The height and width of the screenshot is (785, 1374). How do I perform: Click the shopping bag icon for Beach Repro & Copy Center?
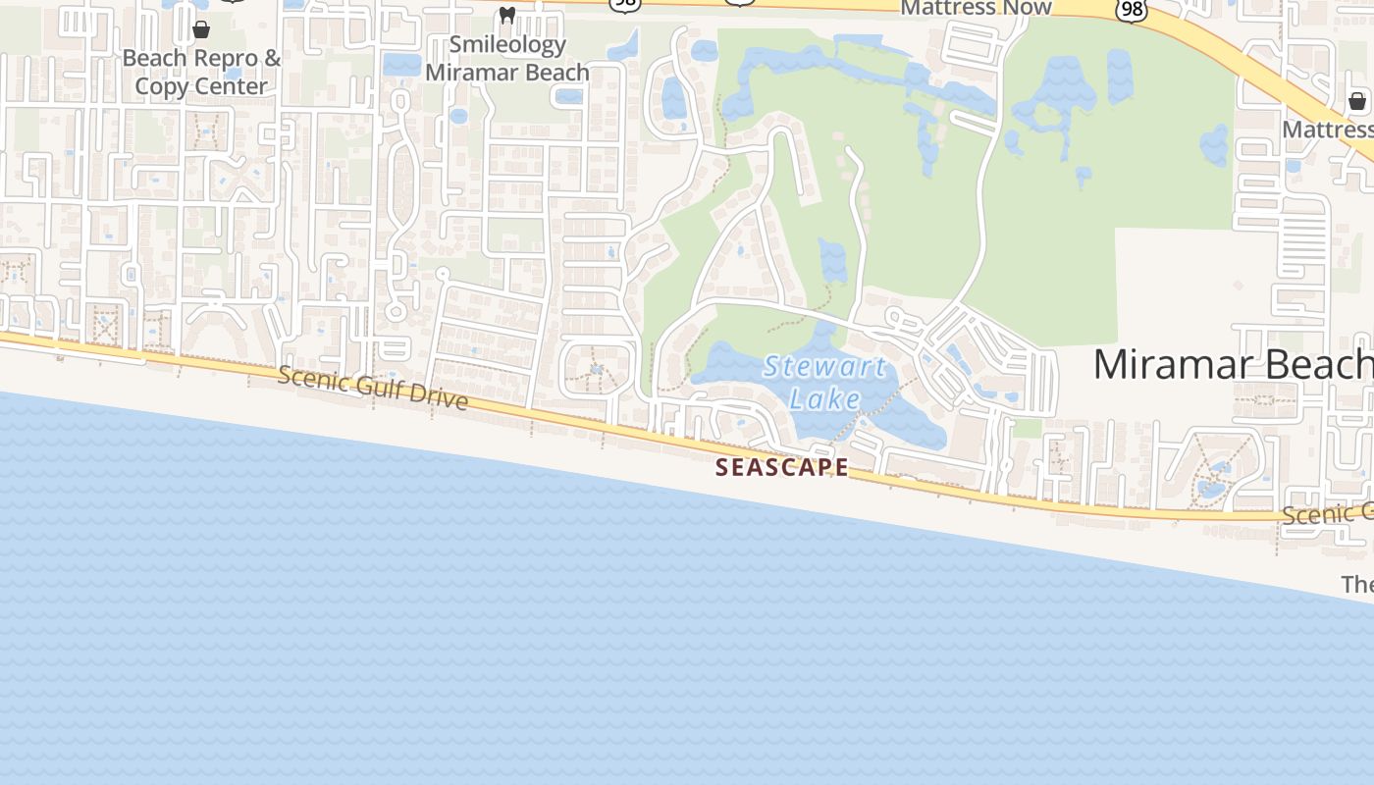(x=201, y=29)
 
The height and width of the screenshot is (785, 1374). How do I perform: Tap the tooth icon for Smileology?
(x=506, y=15)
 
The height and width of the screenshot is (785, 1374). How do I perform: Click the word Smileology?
(x=507, y=45)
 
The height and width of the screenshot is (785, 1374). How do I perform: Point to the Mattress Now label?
(x=976, y=8)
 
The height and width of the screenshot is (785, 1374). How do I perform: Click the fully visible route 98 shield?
(x=1132, y=9)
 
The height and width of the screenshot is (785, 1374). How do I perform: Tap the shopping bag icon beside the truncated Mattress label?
(x=1357, y=101)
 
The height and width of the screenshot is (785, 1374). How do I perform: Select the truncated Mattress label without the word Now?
(x=1327, y=130)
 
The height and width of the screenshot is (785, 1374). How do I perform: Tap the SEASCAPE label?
(x=782, y=468)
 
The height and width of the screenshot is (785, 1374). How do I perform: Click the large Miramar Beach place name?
(x=1233, y=365)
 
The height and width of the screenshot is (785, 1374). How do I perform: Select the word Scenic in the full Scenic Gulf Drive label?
(x=313, y=378)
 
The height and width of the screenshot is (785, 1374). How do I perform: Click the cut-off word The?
(x=1357, y=585)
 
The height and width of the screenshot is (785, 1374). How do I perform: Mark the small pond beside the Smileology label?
(x=402, y=66)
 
